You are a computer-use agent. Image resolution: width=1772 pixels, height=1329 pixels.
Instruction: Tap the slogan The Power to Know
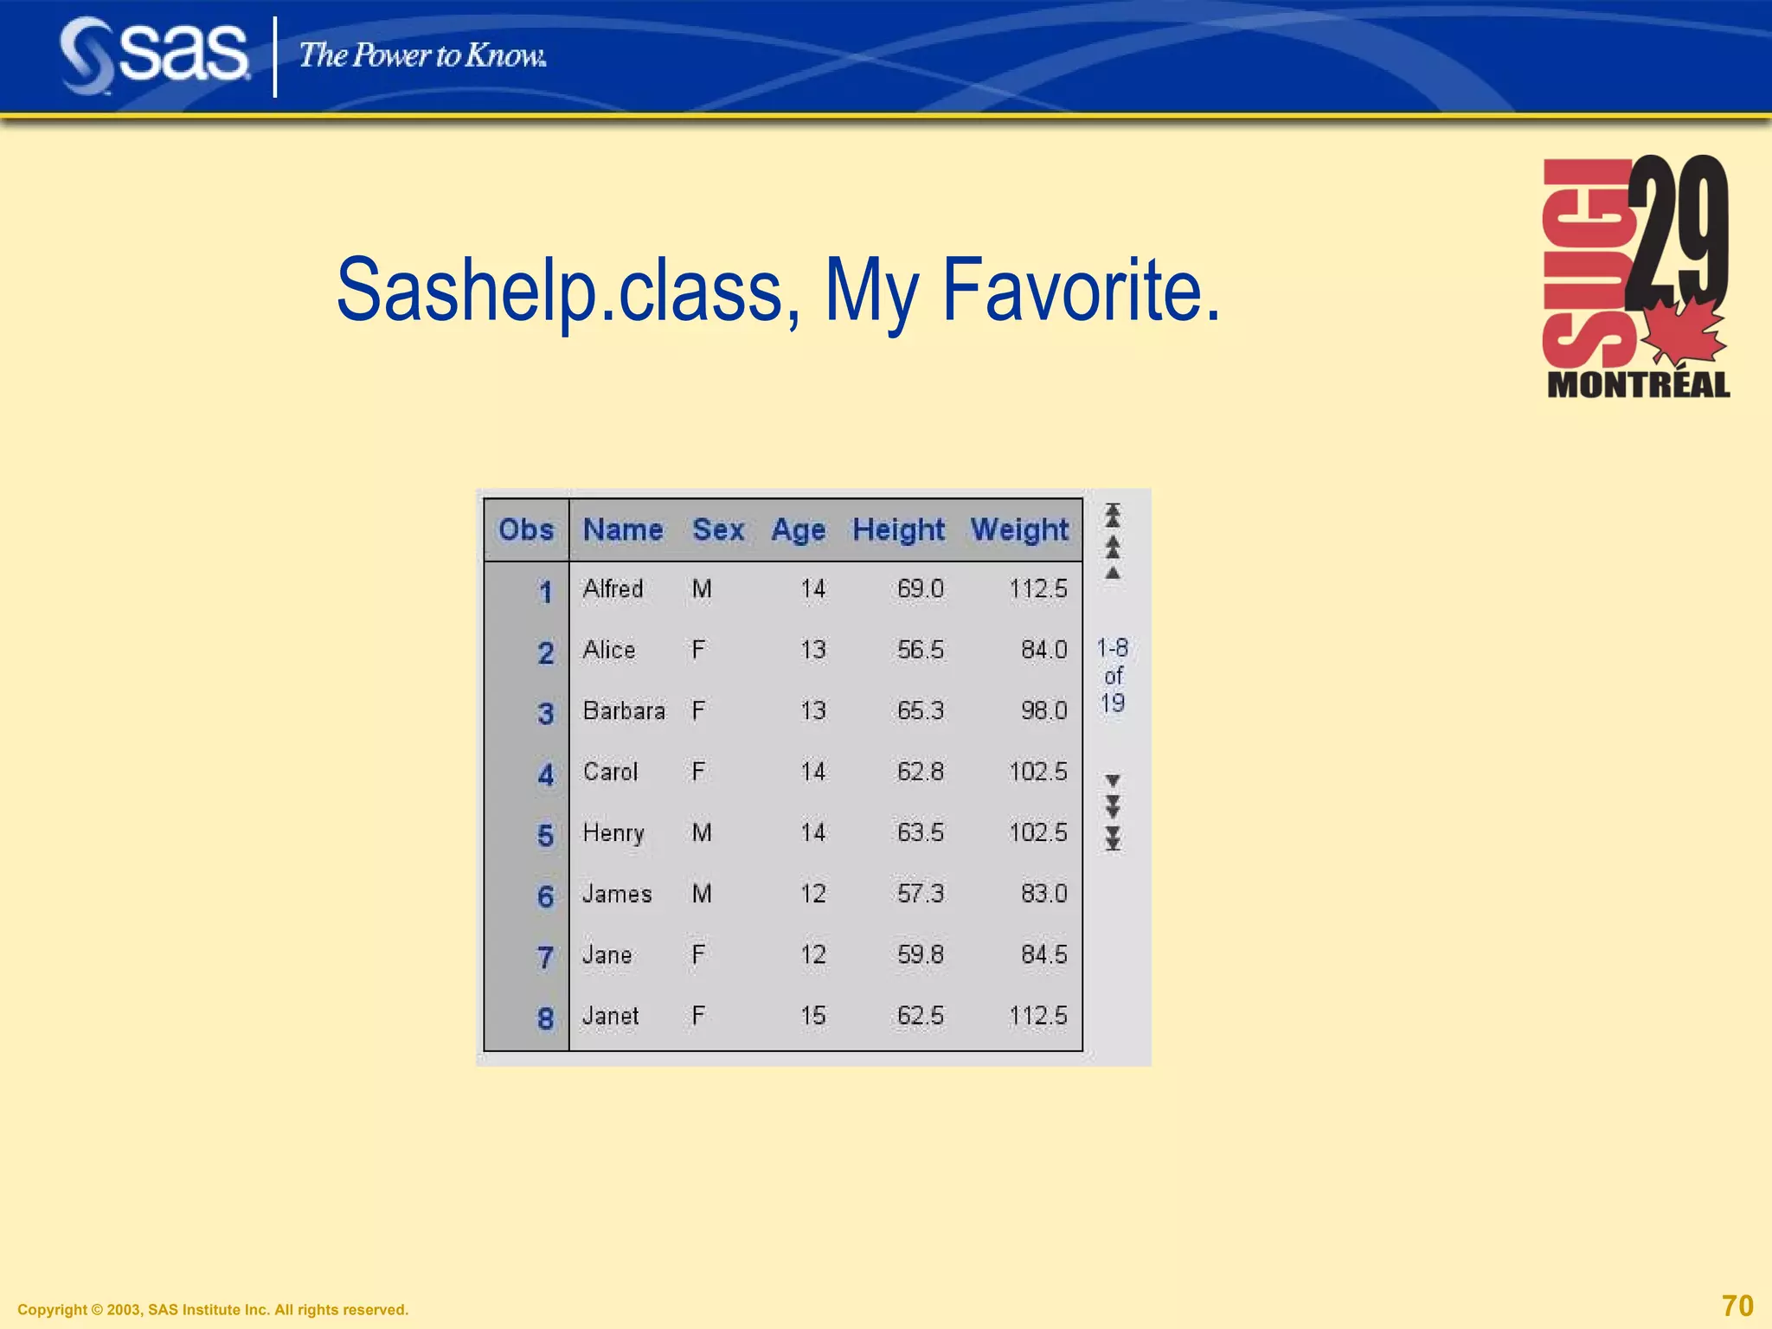422,56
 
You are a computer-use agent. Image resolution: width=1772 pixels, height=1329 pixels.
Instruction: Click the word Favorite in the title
1081,291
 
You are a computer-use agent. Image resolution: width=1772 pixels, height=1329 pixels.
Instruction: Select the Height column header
898,530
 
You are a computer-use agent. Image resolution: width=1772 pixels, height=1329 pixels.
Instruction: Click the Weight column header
1019,530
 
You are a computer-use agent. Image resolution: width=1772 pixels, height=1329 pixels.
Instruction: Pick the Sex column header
718,530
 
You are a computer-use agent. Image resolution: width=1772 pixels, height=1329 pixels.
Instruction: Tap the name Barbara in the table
624,711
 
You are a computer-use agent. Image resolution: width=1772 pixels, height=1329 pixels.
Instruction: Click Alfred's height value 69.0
920,589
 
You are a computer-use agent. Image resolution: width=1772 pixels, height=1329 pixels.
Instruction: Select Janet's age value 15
812,1016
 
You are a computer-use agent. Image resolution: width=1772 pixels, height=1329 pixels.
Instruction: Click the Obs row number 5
545,835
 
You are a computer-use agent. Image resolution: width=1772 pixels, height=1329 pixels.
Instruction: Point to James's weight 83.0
1043,894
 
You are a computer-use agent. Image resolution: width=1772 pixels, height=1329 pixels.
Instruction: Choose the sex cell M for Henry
702,832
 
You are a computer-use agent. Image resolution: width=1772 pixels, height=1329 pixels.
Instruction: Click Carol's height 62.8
920,772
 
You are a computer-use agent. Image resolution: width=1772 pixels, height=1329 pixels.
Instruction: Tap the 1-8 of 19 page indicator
1113,676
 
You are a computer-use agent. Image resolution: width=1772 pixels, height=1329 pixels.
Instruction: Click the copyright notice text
213,1310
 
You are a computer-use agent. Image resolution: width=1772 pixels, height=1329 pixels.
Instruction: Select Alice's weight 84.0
1043,650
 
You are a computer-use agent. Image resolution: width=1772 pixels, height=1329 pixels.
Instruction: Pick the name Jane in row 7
607,955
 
